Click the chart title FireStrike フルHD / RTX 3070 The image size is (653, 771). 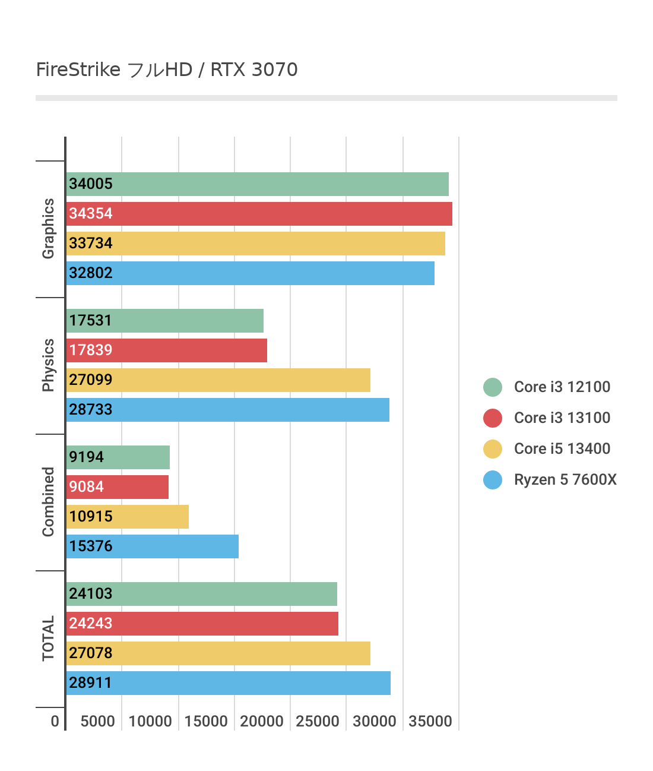tap(167, 69)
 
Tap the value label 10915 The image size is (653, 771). tap(91, 516)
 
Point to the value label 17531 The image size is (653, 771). tap(90, 320)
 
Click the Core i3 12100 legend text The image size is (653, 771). tap(562, 387)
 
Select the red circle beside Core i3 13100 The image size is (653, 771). tap(493, 418)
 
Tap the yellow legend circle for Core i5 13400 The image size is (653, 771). tap(493, 449)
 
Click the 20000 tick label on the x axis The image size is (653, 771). tap(262, 721)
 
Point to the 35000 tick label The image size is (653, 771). tap(430, 721)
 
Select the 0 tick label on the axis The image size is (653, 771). tap(55, 721)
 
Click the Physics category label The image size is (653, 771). tap(48, 365)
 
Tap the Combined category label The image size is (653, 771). tap(48, 502)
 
